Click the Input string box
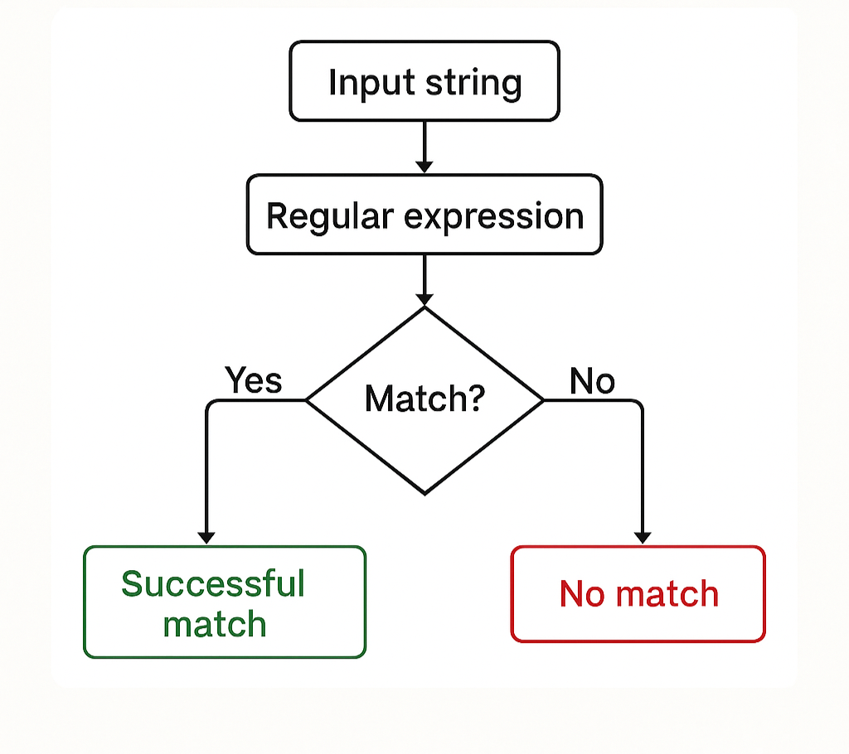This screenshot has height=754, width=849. [424, 81]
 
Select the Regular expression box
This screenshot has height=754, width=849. [424, 215]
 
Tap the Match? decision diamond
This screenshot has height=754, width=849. [424, 400]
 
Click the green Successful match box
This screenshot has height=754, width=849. [224, 602]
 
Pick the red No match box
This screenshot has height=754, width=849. [638, 594]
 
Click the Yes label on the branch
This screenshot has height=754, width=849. [254, 380]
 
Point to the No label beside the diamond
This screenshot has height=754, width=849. [592, 381]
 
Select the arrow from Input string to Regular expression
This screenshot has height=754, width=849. [424, 147]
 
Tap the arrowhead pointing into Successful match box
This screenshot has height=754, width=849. [206, 537]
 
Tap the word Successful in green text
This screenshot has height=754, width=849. [213, 583]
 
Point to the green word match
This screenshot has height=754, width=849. [215, 623]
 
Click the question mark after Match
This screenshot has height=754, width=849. [476, 399]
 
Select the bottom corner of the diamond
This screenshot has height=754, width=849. [424, 492]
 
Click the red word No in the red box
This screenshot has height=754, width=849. [581, 594]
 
